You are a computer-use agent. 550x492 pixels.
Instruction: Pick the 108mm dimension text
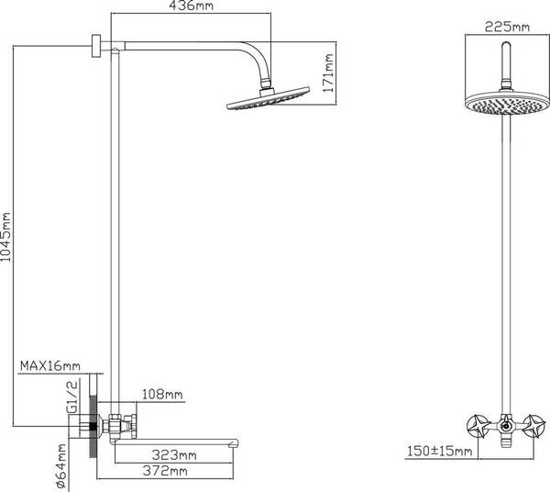point(163,395)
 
